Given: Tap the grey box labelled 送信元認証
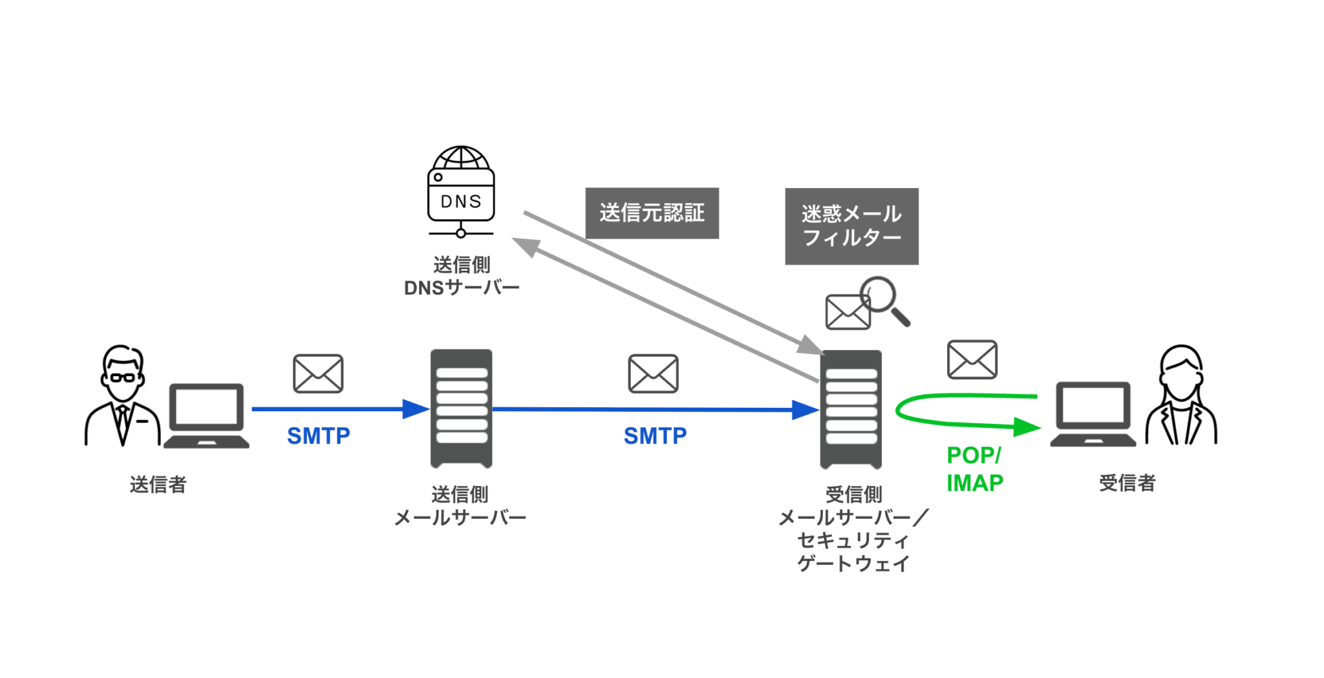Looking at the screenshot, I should click(652, 213).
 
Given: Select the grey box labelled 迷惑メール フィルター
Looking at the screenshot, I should click(851, 226).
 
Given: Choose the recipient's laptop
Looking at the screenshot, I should click(1093, 414).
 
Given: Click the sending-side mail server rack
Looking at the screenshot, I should click(462, 408).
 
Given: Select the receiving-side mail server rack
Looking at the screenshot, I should click(851, 409).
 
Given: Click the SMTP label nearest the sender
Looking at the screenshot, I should click(318, 436).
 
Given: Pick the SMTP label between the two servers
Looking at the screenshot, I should click(655, 436).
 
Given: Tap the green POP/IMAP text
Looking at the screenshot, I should click(974, 469).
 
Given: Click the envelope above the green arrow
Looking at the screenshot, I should click(972, 359).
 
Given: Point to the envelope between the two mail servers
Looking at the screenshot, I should click(653, 374).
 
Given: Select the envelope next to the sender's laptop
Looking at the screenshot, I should click(318, 374).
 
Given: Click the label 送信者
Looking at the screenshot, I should click(158, 484).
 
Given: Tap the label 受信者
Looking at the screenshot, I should click(1127, 483).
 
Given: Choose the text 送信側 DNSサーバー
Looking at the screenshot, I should click(462, 277).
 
